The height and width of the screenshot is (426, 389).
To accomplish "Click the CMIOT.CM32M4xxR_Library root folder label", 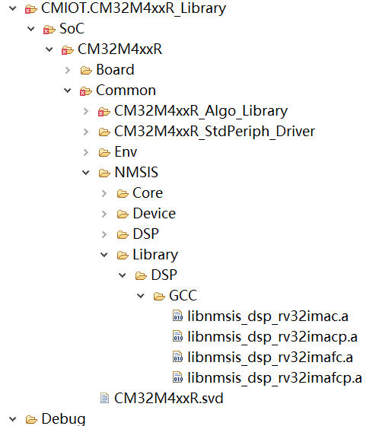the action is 133,8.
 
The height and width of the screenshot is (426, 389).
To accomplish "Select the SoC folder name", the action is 72,29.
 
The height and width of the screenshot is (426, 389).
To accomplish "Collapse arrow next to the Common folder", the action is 67,91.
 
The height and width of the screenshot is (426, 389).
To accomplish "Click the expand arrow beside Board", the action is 68,70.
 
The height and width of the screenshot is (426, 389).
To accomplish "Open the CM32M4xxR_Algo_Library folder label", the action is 201,111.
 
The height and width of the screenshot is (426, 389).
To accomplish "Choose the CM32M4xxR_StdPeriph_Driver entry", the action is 215,132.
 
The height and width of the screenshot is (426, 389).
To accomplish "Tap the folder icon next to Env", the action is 104,152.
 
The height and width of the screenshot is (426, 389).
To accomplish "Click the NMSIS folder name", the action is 136,172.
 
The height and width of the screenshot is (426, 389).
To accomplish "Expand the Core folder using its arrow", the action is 104,193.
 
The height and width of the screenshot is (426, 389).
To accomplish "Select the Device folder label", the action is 154,214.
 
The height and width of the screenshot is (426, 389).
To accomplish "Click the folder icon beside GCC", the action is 159,296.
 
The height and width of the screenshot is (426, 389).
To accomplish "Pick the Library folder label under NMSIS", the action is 155,255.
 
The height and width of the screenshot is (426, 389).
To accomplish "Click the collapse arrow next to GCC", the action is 140,296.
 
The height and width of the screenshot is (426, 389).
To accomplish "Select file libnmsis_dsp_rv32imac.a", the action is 268,316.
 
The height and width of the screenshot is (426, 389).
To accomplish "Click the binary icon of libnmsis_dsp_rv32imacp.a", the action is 178,336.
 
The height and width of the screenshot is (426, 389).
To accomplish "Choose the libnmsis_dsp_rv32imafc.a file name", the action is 270,358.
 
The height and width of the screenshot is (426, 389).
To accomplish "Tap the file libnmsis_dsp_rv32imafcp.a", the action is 275,378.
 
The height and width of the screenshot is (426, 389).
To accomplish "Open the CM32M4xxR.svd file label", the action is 168,399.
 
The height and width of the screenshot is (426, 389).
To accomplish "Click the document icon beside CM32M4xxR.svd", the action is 104,398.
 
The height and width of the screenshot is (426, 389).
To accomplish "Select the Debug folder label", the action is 63,419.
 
